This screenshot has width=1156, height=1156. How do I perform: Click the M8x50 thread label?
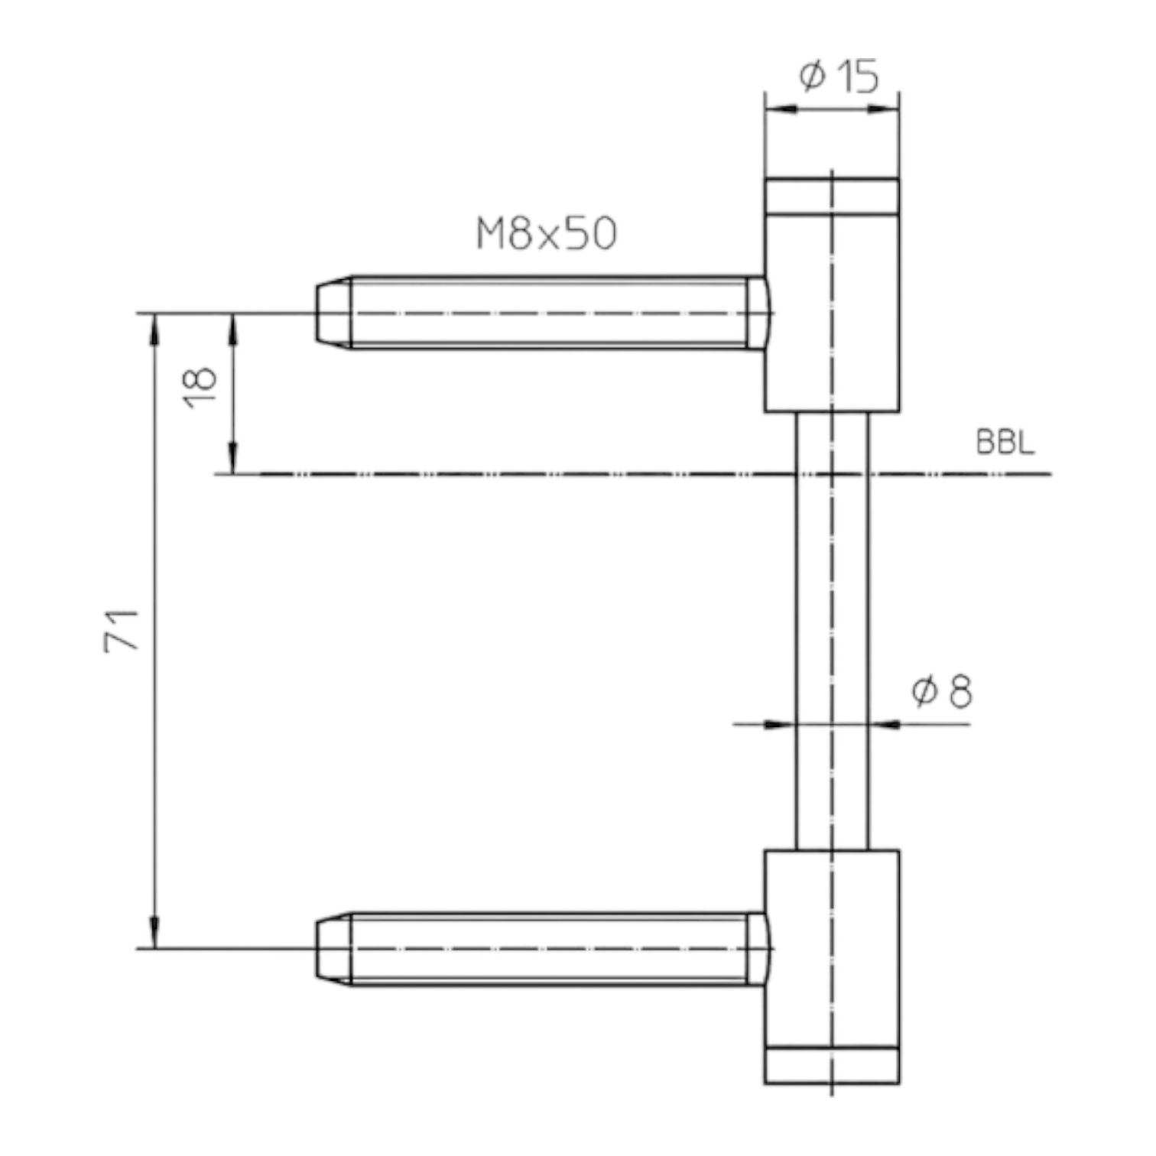click(546, 234)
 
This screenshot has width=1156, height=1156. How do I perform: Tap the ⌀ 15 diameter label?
click(839, 76)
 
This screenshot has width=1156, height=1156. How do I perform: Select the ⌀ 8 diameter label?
click(942, 691)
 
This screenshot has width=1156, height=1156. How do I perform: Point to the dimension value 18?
click(202, 387)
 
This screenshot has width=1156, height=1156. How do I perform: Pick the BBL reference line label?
click(1005, 443)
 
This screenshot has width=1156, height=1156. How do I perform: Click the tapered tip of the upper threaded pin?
click(333, 313)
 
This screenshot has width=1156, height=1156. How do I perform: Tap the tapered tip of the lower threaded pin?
click(333, 949)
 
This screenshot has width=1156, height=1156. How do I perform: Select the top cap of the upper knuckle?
click(832, 196)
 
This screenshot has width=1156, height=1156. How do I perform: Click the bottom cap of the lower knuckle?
click(832, 1065)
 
